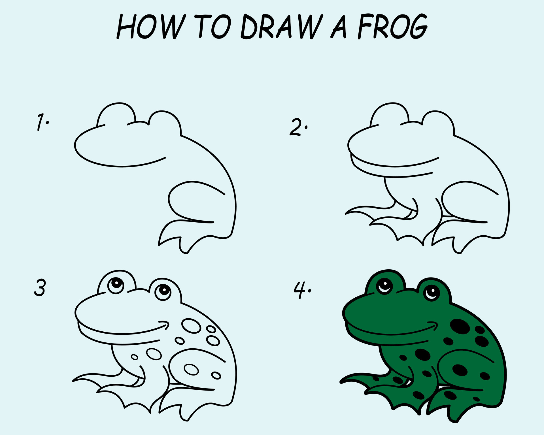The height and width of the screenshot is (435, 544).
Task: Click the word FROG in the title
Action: point(392,27)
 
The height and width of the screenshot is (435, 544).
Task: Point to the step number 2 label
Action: point(297,127)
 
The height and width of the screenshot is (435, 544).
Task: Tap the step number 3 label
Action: point(40,288)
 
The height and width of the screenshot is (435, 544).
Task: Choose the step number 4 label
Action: point(301,290)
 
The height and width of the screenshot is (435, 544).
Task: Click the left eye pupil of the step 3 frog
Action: point(116,283)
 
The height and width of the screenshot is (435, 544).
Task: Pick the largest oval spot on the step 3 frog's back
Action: point(191,326)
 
